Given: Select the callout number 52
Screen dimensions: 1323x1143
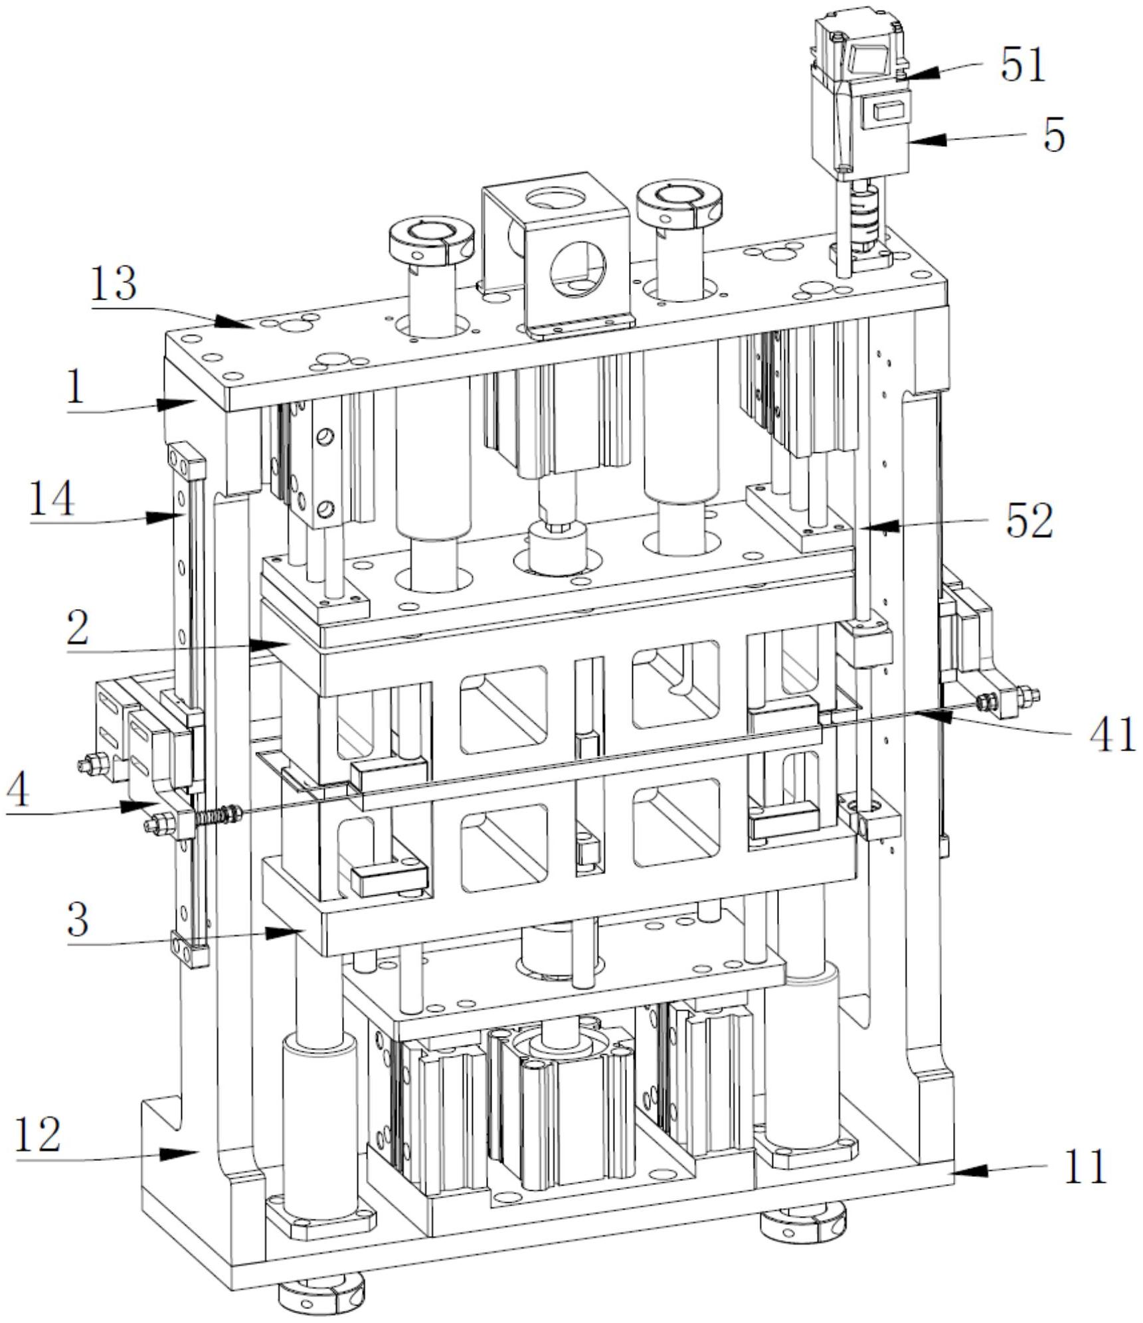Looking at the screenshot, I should click(1029, 523).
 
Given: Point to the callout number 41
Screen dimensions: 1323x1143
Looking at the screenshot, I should click(1112, 735).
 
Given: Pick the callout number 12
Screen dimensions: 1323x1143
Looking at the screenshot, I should click(39, 1133).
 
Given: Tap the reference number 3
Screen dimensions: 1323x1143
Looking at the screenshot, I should click(78, 920).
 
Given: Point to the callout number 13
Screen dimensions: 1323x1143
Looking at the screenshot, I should click(114, 284).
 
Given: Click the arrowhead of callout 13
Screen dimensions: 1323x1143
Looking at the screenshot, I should click(248, 325).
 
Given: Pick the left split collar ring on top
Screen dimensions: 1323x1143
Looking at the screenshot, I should click(432, 240).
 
